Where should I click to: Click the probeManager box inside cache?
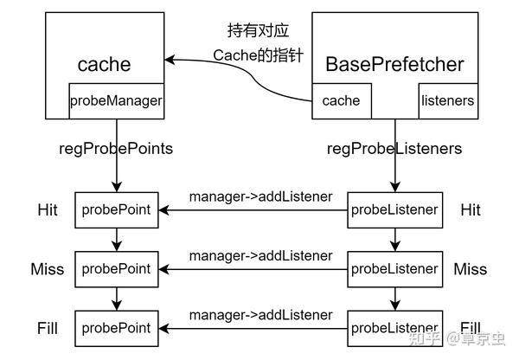[115, 100]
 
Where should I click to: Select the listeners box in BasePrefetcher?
[446, 100]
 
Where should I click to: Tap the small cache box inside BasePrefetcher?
[341, 100]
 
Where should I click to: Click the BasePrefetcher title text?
[394, 64]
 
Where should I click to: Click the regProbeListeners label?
[394, 148]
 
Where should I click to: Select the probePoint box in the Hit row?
[115, 210]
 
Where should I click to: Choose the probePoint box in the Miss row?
[115, 269]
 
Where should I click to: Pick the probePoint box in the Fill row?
[115, 328]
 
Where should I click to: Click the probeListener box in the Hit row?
[394, 210]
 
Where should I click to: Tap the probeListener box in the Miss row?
[394, 269]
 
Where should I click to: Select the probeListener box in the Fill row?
[394, 328]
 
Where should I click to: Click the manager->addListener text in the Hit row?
[260, 196]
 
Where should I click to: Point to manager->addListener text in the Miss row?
[260, 255]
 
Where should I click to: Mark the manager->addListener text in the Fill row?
[260, 314]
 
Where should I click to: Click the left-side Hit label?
[47, 210]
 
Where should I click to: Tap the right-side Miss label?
[470, 269]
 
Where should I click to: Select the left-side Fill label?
[47, 328]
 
